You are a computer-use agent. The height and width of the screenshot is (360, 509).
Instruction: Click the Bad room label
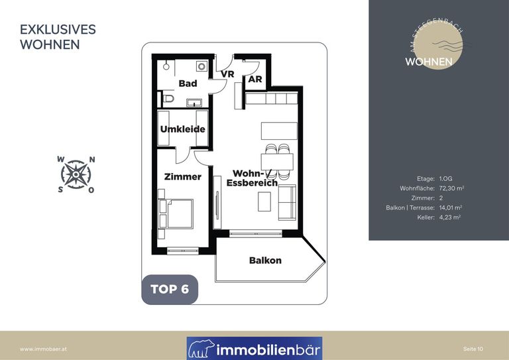pyautogui.click(x=188, y=84)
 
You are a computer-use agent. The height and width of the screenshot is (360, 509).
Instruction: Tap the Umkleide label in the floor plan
pyautogui.click(x=183, y=129)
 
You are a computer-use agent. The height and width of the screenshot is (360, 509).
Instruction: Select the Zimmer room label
pyautogui.click(x=183, y=177)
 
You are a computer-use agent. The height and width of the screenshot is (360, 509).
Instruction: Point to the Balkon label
pyautogui.click(x=265, y=261)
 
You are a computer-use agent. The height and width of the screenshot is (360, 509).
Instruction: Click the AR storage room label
pyautogui.click(x=255, y=79)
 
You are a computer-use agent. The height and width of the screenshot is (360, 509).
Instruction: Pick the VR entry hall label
pyautogui.click(x=227, y=74)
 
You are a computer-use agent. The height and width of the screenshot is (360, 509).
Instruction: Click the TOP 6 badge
pyautogui.click(x=170, y=289)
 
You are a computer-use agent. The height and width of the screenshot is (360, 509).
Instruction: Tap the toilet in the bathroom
pyautogui.click(x=168, y=98)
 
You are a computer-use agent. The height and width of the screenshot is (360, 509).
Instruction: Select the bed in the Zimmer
pyautogui.click(x=176, y=213)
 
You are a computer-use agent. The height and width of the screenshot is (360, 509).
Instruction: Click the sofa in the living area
pyautogui.click(x=287, y=203)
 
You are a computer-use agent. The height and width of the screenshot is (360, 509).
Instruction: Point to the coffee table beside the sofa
pyautogui.click(x=264, y=202)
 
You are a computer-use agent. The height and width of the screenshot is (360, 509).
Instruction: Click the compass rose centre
pyautogui.click(x=76, y=174)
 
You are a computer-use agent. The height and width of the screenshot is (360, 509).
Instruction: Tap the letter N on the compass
pyautogui.click(x=92, y=160)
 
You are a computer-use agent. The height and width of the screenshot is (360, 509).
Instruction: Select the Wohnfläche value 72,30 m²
pyautogui.click(x=451, y=188)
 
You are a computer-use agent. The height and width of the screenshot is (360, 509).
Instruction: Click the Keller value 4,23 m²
pyautogui.click(x=450, y=217)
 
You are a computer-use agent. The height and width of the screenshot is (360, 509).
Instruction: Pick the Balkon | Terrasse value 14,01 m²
pyautogui.click(x=451, y=208)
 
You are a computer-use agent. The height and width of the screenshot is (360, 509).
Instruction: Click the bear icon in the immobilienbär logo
pyautogui.click(x=201, y=349)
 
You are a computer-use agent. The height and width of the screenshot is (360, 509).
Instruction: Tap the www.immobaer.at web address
pyautogui.click(x=44, y=349)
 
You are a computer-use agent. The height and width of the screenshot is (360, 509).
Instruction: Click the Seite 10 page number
pyautogui.click(x=473, y=349)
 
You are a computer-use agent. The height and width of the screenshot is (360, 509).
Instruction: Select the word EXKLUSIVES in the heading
pyautogui.click(x=58, y=30)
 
